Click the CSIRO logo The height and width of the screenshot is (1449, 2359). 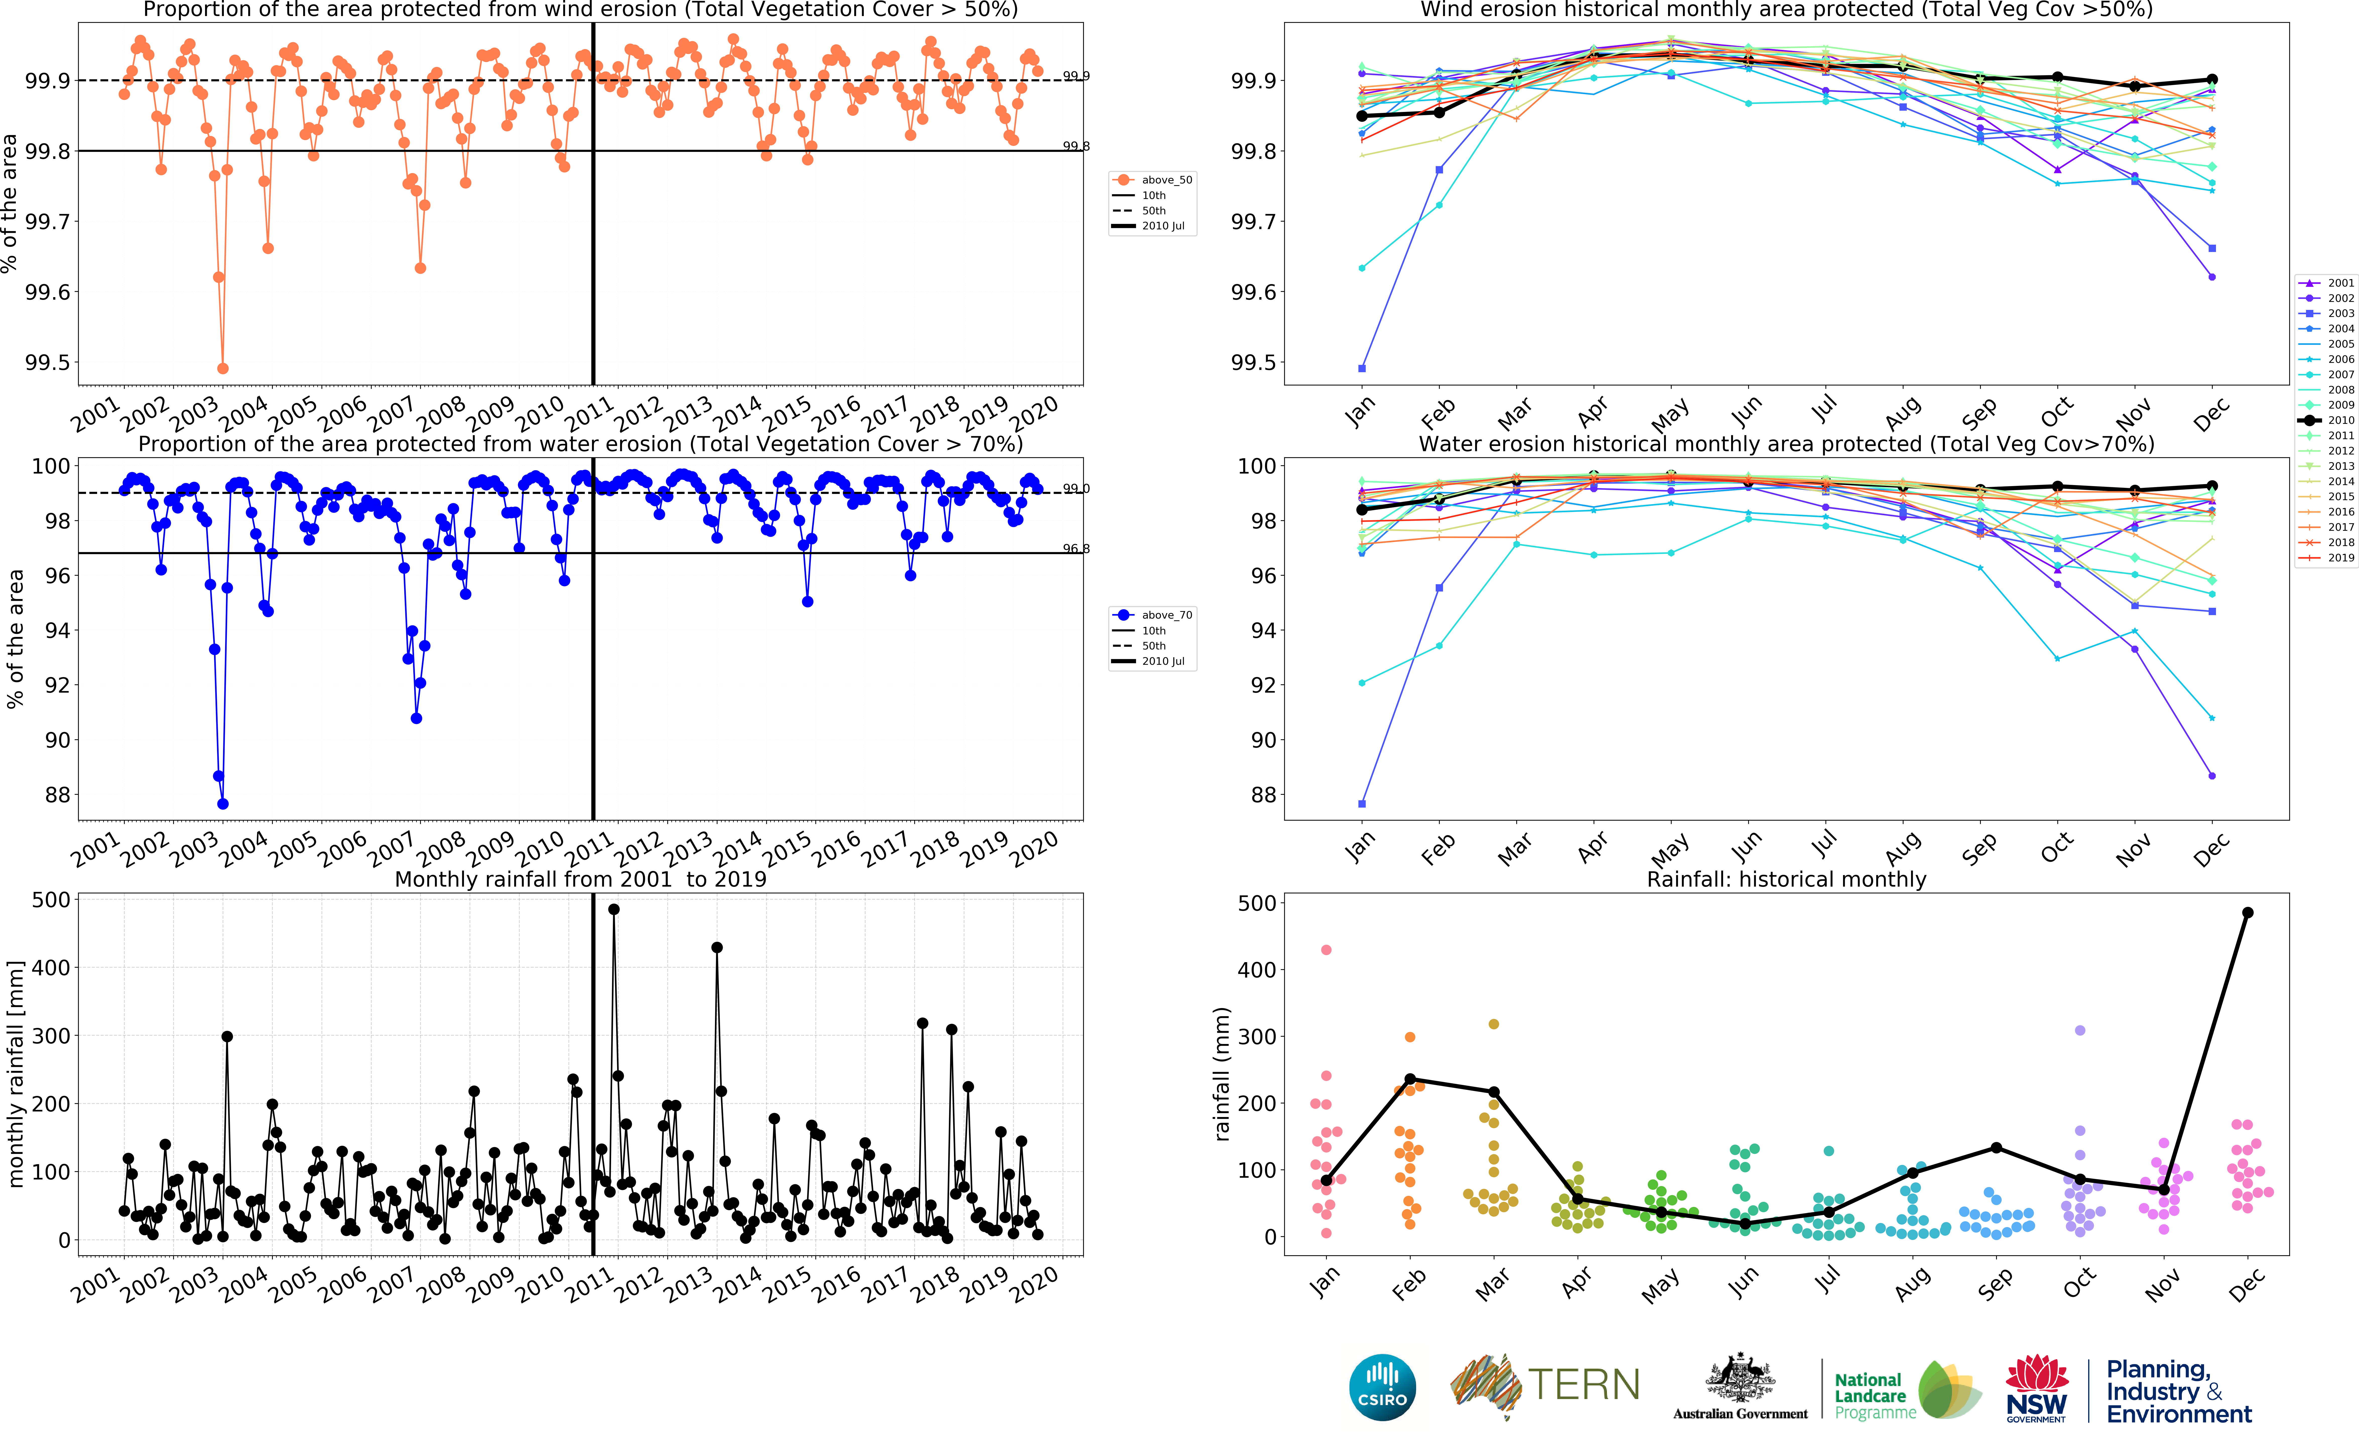tap(1382, 1387)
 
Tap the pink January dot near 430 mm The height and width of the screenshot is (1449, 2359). tap(1326, 950)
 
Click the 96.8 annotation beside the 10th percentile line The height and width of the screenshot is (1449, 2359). tap(1075, 549)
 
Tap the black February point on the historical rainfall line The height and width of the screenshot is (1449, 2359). tap(1409, 1079)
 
